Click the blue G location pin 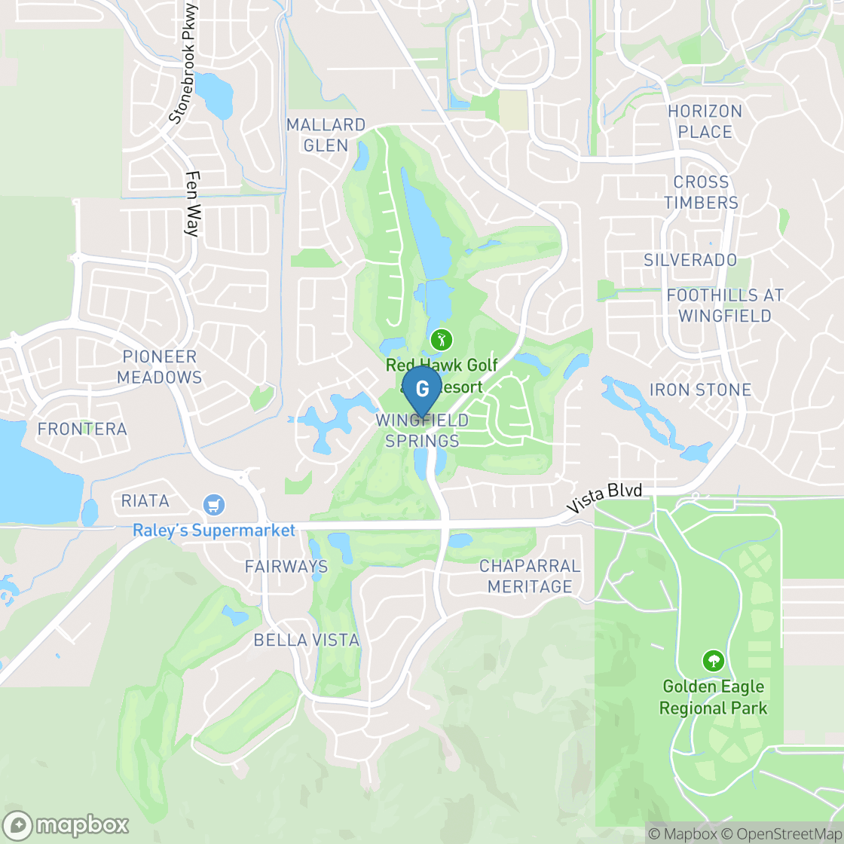422,389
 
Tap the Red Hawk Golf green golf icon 438,340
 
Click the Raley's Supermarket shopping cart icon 215,504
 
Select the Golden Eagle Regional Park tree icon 712,662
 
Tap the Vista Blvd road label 606,501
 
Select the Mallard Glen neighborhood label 326,135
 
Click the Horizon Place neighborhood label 705,121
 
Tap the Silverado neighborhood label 690,260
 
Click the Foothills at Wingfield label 725,305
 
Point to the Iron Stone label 700,390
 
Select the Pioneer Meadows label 160,367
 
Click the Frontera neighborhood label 82,429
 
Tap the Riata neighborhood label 145,500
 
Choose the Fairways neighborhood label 286,566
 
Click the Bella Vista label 307,640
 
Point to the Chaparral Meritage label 530,576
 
